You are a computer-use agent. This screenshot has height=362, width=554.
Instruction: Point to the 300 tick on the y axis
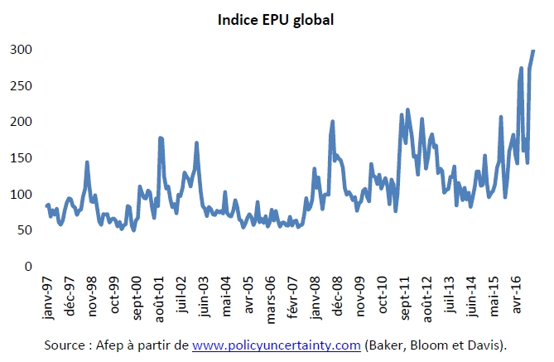pyautogui.click(x=22, y=50)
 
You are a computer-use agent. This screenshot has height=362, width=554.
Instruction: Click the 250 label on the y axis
pyautogui.click(x=22, y=86)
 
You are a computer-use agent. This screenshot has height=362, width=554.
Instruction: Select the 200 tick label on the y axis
pyautogui.click(x=22, y=122)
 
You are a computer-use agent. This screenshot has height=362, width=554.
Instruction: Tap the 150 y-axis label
pyautogui.click(x=22, y=158)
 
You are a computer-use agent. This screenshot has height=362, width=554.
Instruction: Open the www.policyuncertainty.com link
pyautogui.click(x=277, y=345)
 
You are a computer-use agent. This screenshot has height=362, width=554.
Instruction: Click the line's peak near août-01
pyautogui.click(x=160, y=138)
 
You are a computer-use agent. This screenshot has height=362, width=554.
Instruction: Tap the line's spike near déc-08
pyautogui.click(x=332, y=121)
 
